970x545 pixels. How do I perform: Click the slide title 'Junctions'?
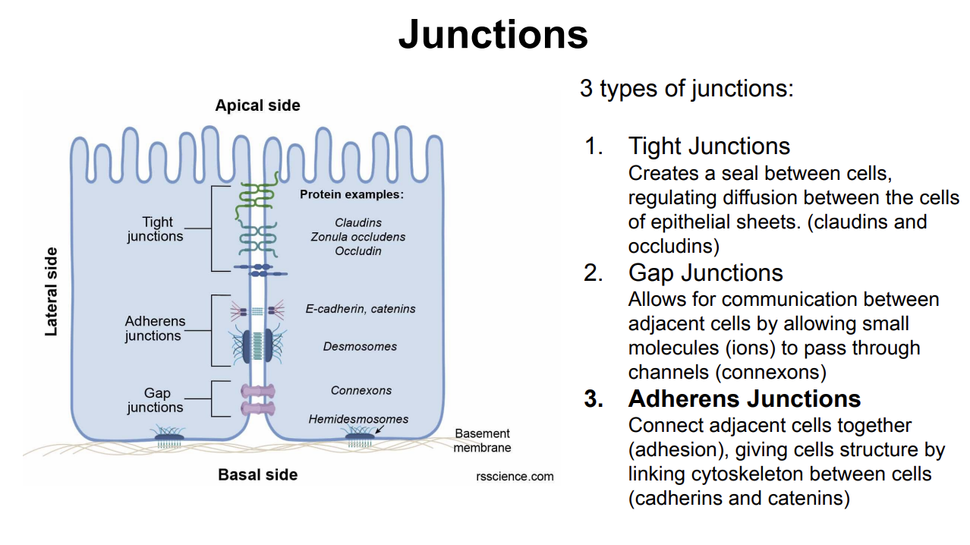pos(493,34)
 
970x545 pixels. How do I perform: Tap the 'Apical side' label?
pos(257,106)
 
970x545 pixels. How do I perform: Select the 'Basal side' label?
pos(257,475)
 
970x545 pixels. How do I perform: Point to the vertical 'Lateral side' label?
pos(52,291)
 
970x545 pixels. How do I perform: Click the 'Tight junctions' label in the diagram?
pos(156,229)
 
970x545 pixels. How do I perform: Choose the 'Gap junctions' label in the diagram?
pos(156,400)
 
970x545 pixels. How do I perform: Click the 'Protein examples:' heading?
pos(351,194)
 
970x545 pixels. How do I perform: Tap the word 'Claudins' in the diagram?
pos(358,222)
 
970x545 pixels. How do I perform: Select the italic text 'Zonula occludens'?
pos(358,237)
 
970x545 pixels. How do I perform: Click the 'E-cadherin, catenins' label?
pos(361,309)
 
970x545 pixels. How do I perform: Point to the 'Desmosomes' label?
pos(360,346)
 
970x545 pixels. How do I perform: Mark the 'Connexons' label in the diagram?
pos(361,390)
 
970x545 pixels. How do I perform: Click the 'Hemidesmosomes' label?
pos(358,419)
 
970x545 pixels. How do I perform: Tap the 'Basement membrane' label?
pos(482,440)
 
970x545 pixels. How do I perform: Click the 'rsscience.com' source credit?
pos(515,477)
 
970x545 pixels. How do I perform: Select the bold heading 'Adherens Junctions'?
pos(744,399)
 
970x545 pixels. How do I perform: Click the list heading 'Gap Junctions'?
pos(705,272)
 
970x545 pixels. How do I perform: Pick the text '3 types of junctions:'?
pos(686,89)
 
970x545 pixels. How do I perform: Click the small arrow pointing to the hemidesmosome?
pos(379,430)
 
